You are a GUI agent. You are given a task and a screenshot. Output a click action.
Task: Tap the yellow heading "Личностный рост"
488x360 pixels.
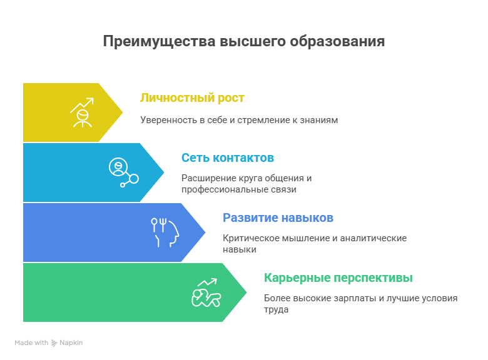coord(192,98)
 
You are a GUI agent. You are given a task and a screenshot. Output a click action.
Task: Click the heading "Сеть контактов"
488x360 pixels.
coord(228,157)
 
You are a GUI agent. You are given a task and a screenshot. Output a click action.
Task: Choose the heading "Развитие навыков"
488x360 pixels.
coord(278,217)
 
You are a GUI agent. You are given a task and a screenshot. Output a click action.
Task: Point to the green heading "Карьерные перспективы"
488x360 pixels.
coord(338,277)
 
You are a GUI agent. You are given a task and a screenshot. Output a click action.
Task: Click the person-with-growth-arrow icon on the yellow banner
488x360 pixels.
coord(81,112)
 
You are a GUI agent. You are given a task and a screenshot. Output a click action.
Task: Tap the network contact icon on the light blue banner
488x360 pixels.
coord(123,172)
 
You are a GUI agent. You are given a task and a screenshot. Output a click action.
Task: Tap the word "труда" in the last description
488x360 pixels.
coord(276,309)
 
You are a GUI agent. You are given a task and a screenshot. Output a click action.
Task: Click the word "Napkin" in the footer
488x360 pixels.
coord(71,343)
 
